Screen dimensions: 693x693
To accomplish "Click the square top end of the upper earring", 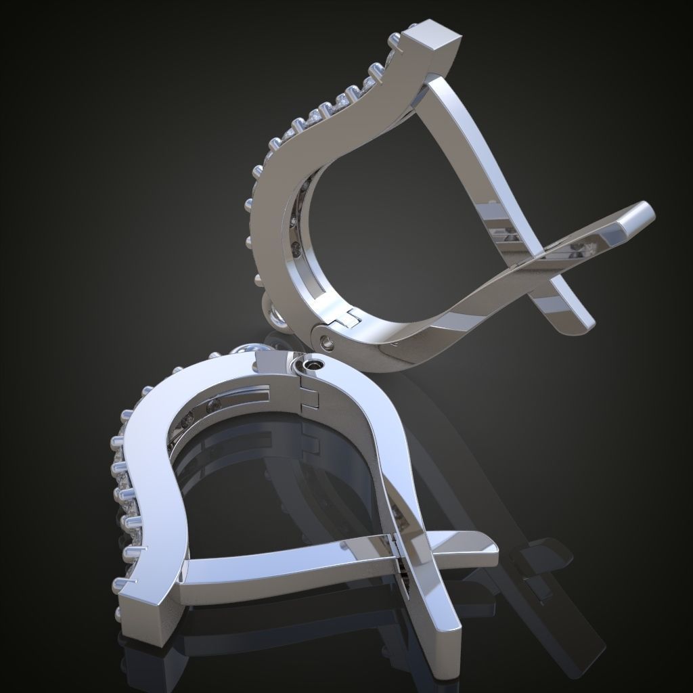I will tap(433, 41).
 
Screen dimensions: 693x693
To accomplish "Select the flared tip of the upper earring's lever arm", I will tap(633, 220).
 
